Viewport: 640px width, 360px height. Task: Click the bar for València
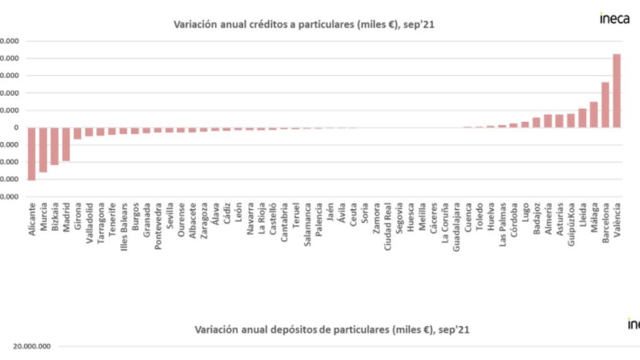click(x=616, y=91)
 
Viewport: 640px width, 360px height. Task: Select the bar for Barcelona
click(x=605, y=105)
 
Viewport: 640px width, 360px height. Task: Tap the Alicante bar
click(x=31, y=154)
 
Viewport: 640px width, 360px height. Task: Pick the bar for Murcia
click(x=43, y=149)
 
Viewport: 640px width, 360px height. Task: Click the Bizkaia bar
click(x=54, y=146)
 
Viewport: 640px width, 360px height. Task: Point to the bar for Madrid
click(x=66, y=144)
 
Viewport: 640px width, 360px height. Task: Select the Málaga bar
click(x=594, y=114)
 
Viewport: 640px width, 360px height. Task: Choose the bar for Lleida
click(x=582, y=118)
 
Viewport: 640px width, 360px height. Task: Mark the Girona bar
click(x=77, y=133)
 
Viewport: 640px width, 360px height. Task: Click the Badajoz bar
click(x=536, y=122)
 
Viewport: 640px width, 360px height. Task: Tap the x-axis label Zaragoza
click(x=204, y=219)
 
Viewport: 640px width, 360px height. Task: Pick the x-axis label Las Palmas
click(x=503, y=223)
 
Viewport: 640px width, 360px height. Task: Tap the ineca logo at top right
click(x=614, y=18)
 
